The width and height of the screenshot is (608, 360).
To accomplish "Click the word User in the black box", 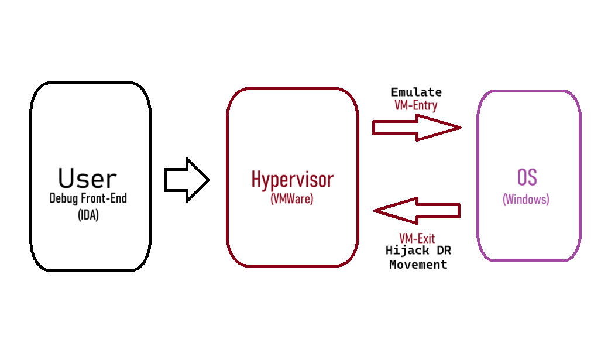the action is [87, 179].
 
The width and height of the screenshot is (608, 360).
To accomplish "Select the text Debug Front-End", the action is [88, 198].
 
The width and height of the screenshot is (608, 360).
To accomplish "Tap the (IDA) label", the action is [88, 214].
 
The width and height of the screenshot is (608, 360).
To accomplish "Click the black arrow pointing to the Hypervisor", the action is [187, 180].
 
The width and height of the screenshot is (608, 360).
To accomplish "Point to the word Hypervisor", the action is [293, 180].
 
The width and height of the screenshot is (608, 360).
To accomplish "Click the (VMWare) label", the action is [292, 199].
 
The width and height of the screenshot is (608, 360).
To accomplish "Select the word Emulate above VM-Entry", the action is [416, 92].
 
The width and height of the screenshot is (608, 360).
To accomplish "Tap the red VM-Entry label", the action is [416, 105].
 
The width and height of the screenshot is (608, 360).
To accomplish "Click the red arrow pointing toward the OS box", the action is [417, 128].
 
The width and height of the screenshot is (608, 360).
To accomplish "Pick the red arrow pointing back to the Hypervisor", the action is [417, 211].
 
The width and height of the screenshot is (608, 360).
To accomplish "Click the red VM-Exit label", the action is [417, 238].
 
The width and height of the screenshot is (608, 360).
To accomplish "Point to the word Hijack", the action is [407, 251].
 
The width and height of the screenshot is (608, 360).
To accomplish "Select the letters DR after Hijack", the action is [444, 251].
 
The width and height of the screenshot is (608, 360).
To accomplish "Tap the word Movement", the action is [418, 265].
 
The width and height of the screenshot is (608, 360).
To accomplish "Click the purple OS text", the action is [527, 177].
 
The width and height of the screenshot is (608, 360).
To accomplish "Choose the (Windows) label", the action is [526, 200].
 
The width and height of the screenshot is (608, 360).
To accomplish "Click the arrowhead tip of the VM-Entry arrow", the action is [462, 127].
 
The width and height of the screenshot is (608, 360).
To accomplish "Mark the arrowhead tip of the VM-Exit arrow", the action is [373, 211].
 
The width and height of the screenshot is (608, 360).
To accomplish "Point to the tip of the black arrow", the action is [209, 180].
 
